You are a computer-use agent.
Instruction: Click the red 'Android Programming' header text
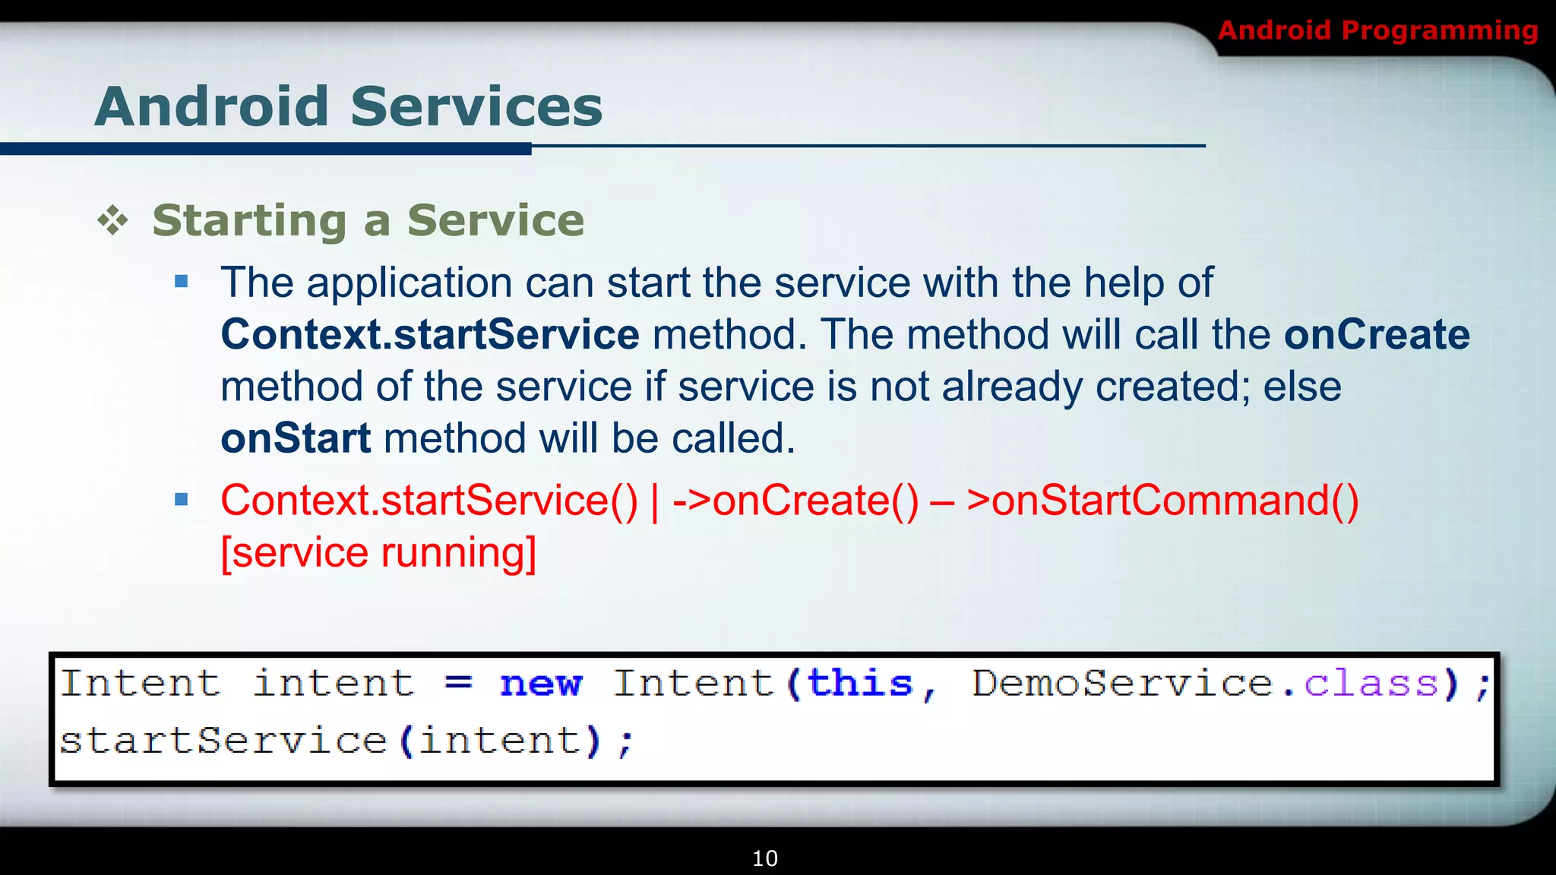(x=1377, y=30)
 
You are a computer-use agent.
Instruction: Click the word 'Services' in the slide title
(x=476, y=106)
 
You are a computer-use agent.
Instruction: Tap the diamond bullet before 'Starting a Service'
(x=112, y=220)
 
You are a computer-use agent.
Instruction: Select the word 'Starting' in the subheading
(x=249, y=221)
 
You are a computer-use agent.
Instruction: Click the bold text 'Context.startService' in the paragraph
(x=430, y=334)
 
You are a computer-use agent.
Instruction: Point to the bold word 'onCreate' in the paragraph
(x=1377, y=334)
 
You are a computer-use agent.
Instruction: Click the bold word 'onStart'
(x=296, y=438)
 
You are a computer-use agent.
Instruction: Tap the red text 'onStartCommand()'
(x=1162, y=501)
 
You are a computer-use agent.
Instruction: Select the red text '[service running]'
(x=378, y=552)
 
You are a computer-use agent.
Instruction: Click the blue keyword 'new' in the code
(x=541, y=684)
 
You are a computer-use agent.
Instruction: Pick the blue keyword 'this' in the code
(x=859, y=683)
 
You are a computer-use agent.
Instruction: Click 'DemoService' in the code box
(x=1122, y=683)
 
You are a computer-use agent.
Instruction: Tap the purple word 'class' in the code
(x=1371, y=683)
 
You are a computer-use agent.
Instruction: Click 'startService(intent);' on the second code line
(x=346, y=741)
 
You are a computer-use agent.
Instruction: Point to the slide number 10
(x=764, y=858)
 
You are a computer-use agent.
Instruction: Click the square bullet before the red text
(x=181, y=500)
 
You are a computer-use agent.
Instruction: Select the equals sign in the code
(x=458, y=683)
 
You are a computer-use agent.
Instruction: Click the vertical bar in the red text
(x=655, y=502)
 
